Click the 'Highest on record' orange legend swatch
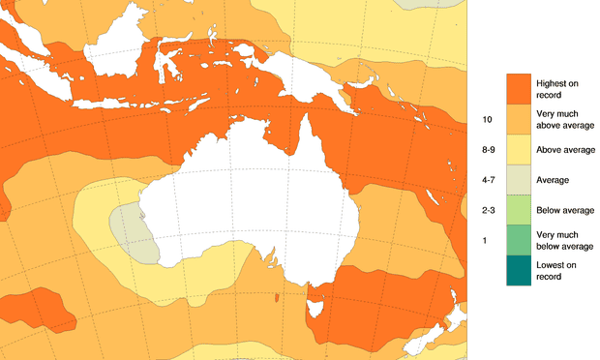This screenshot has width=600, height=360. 518,88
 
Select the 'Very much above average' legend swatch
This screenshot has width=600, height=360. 518,118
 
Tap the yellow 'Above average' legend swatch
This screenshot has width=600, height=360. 518,149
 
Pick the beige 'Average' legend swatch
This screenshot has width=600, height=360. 518,179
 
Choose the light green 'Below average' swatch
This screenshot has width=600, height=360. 518,209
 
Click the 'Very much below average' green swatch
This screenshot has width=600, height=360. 518,240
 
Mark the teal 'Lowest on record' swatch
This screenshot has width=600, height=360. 518,270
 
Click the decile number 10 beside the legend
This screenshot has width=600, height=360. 487,119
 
